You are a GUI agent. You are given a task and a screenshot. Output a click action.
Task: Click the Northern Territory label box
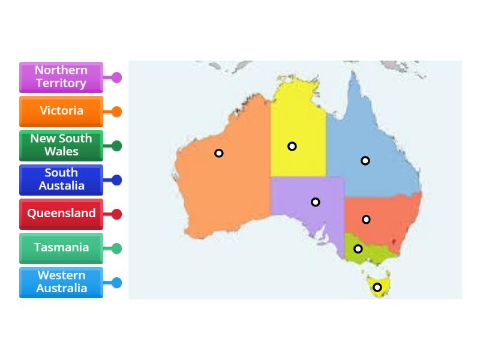click(x=61, y=77)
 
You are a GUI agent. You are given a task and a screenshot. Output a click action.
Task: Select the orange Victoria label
click(x=61, y=111)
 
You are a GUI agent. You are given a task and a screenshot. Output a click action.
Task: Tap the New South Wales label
click(x=61, y=145)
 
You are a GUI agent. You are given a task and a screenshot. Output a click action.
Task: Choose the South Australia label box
click(x=61, y=179)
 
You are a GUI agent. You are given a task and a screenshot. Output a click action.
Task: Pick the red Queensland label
click(x=61, y=214)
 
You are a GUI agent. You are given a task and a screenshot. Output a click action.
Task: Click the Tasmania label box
click(x=61, y=248)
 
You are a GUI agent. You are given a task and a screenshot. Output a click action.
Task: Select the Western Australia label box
click(x=61, y=282)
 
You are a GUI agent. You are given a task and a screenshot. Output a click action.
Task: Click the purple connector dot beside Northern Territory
click(x=116, y=77)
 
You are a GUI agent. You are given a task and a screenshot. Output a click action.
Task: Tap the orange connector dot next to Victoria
click(x=116, y=112)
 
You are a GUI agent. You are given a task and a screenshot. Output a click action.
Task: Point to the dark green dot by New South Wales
click(x=116, y=146)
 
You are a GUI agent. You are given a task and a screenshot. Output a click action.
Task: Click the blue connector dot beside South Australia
click(x=116, y=180)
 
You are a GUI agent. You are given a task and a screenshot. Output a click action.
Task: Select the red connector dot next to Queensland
click(x=116, y=214)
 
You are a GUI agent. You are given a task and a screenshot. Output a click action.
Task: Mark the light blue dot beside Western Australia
click(x=116, y=283)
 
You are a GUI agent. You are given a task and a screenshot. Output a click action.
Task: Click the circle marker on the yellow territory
click(x=292, y=146)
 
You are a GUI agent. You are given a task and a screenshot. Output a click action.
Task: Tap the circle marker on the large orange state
click(x=219, y=154)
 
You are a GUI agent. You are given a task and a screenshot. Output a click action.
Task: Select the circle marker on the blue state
click(x=365, y=161)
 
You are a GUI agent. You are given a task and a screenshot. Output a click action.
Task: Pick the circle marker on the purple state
click(x=316, y=202)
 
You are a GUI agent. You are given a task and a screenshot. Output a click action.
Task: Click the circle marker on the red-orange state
click(x=366, y=220)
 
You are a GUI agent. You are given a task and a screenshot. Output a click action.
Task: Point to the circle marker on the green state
click(x=358, y=249)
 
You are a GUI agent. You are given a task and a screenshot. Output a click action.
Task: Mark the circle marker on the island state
click(x=377, y=287)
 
